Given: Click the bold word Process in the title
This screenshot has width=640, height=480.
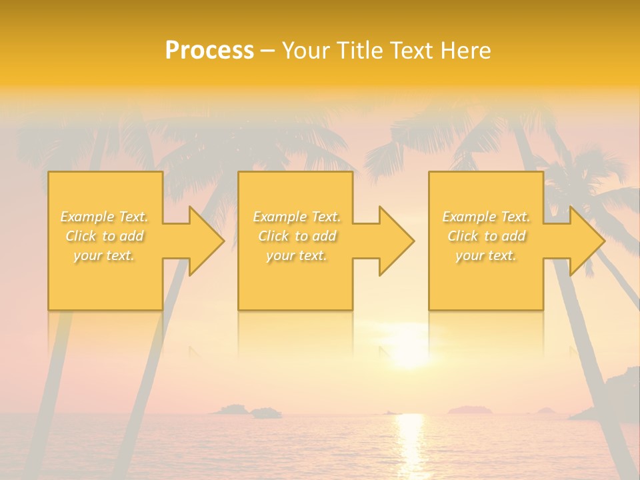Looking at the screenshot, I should coord(209,51).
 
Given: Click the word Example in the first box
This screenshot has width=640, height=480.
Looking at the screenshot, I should coord(87,217).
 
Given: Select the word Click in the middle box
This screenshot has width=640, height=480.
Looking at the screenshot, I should coord(273,236).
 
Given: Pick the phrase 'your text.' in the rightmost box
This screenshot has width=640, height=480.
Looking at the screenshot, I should coord(486,255).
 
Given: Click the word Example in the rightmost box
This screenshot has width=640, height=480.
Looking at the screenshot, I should coord(469,217).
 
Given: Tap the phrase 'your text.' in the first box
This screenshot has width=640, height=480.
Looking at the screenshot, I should coord(104,255).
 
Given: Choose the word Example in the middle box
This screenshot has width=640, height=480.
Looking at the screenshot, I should coord(279,217).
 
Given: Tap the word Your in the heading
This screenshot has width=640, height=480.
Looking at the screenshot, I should coord(304,51).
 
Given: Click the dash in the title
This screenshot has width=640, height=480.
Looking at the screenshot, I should coord(267,51).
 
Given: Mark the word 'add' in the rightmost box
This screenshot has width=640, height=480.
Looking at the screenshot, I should coord(513,236).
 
